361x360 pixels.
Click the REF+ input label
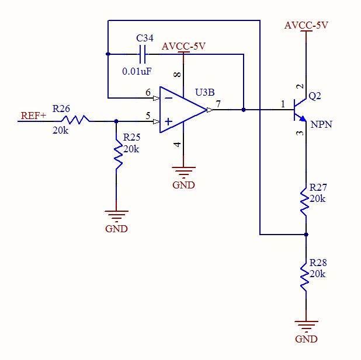(34, 116)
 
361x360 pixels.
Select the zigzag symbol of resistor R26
(75, 120)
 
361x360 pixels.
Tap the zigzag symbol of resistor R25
(118, 155)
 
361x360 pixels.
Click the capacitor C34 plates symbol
(143, 54)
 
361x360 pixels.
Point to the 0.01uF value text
(137, 72)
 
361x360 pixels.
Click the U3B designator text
(204, 92)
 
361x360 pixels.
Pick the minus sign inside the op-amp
(169, 98)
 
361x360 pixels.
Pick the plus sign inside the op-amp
(169, 121)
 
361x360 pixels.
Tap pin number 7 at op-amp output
(218, 104)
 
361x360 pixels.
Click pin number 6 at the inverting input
(148, 92)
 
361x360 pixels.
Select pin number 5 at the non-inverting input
(148, 116)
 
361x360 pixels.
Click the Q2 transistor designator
(314, 96)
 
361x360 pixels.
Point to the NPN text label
(321, 124)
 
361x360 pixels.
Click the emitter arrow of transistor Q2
(303, 118)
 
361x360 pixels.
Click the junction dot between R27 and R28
(306, 235)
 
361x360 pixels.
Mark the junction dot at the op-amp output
(244, 110)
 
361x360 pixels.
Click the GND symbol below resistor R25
(116, 220)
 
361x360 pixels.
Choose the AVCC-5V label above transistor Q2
(306, 25)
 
